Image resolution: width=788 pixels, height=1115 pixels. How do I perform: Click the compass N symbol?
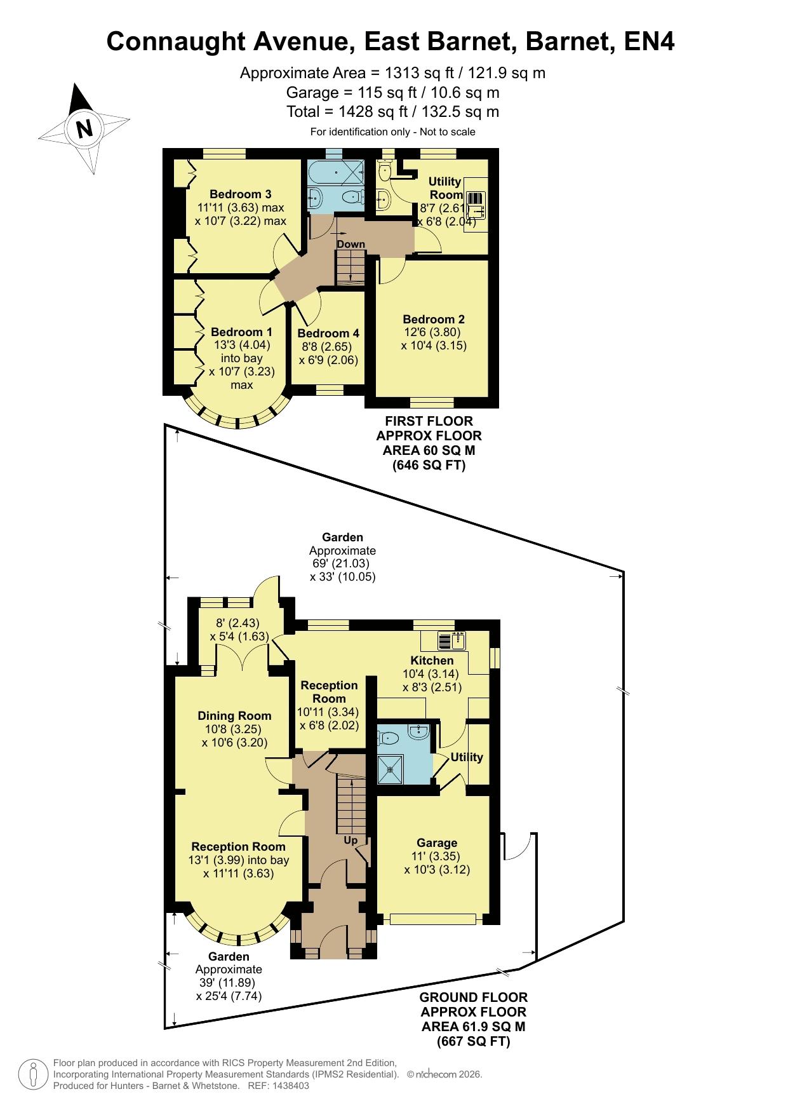tap(84, 128)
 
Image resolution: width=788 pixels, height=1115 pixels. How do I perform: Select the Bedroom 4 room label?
tap(328, 334)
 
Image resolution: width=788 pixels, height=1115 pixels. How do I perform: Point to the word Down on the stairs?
tap(351, 244)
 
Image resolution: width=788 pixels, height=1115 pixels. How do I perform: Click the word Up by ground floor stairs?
tap(351, 840)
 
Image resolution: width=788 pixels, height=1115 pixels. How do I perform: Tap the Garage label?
tap(437, 843)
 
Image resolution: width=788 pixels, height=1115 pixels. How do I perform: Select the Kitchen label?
tap(432, 661)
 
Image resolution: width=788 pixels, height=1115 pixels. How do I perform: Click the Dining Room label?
tap(234, 716)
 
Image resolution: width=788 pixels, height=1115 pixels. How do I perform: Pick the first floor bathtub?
tap(336, 172)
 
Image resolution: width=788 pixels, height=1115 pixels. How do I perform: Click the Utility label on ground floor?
tap(467, 757)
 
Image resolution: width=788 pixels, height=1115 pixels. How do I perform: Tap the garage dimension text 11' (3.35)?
tap(437, 856)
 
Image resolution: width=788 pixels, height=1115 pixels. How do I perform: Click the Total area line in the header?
tap(393, 112)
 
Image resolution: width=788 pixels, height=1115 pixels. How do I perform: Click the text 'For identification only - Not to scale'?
tap(392, 132)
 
